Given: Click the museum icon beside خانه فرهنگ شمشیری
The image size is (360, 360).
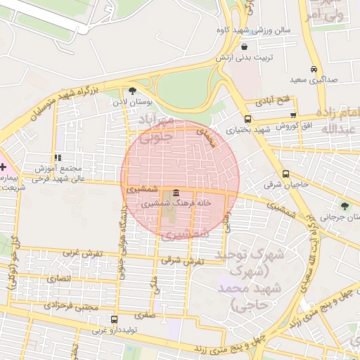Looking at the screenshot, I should pos(175,193).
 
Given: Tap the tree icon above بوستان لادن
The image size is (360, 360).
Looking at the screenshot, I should pos(132,90).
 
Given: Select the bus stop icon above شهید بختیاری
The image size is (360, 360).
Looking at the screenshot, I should pos(247,118).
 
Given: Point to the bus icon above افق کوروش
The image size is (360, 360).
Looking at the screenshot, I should pos(293,115).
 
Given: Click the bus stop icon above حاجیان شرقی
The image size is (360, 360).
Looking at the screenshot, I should pos(285,174).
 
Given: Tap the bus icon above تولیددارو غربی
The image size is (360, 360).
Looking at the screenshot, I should pos(115,319).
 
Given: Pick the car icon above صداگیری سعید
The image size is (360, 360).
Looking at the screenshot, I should pos(313,69).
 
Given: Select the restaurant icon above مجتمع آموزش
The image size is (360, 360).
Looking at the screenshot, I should pos(57,158).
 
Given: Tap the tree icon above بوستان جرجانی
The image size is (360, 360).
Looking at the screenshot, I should pos(344,205).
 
